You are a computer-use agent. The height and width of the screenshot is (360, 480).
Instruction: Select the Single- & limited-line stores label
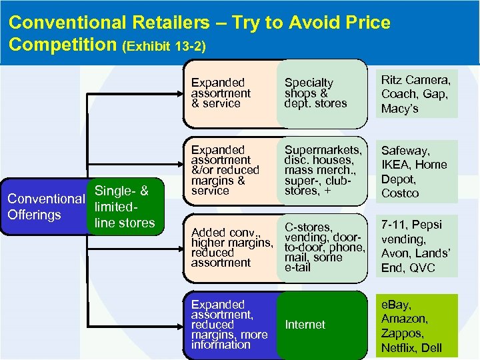tap(125, 207)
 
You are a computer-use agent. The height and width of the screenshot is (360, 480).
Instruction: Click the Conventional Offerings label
tap(44, 207)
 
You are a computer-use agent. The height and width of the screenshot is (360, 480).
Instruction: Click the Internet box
tap(305, 325)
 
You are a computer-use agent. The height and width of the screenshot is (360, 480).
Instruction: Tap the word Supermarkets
tap(323, 150)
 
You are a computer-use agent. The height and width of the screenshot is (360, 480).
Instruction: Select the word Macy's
tap(399, 109)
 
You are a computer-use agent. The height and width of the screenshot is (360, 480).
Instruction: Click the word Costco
tap(400, 193)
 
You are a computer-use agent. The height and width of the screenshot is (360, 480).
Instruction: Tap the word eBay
tap(395, 305)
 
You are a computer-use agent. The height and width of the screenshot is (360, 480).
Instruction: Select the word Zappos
tap(401, 333)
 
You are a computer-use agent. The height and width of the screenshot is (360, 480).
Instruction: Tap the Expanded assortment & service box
tap(221, 93)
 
